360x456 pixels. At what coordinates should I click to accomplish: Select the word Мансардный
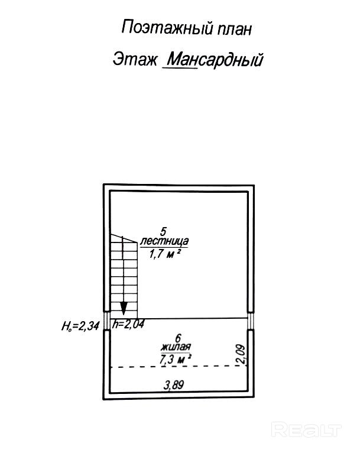215,60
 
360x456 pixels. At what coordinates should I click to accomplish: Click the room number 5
164,231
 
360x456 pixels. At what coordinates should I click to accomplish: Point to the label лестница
164,241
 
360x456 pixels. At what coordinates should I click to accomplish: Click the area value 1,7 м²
164,253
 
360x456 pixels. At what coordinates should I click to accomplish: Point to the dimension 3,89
174,385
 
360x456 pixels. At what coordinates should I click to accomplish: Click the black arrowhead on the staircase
124,308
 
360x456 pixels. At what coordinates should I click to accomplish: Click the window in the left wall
106,322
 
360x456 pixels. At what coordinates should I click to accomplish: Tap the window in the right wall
251,322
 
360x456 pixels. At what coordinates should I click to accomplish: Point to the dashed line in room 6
177,367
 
